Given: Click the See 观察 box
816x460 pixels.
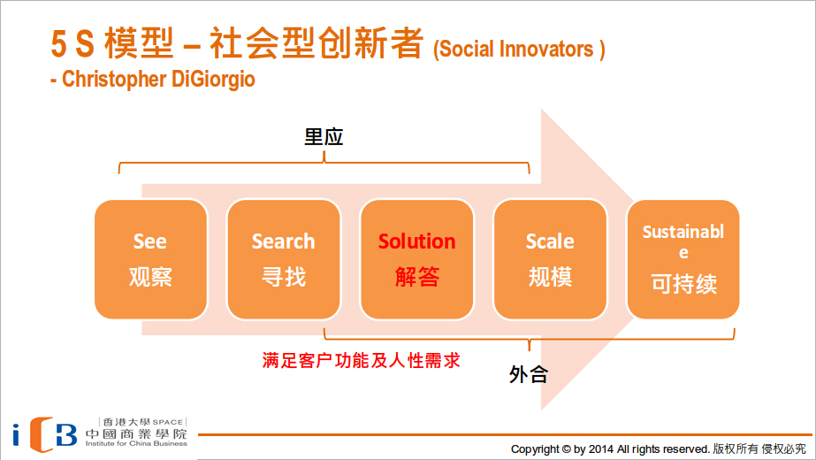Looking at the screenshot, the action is [x=151, y=259].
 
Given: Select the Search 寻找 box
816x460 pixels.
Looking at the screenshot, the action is [x=284, y=259].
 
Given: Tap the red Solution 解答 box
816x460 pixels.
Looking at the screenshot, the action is [x=417, y=259].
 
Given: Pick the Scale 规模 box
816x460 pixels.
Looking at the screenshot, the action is [x=550, y=259].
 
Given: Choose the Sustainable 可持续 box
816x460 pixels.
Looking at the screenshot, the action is [x=683, y=259].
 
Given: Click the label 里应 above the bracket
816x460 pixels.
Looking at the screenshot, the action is [x=324, y=137].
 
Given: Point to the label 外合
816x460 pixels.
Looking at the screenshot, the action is [x=528, y=374].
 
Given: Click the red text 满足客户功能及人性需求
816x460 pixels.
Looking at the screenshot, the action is [x=362, y=360].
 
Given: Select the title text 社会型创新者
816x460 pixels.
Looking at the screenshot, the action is [x=316, y=42].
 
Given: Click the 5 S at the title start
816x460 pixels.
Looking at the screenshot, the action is [x=72, y=43].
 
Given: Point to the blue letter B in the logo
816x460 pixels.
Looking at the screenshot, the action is [x=65, y=435].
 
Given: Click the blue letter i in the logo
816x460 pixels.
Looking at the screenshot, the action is [x=16, y=434].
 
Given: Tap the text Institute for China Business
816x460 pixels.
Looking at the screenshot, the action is [x=136, y=444].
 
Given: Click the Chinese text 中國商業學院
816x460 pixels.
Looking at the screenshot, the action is [x=136, y=434].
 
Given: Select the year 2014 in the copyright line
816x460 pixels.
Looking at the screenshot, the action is [x=601, y=449].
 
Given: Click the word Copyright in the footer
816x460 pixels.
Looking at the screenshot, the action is [x=535, y=449].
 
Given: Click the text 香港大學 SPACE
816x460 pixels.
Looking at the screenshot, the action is [x=143, y=422].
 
